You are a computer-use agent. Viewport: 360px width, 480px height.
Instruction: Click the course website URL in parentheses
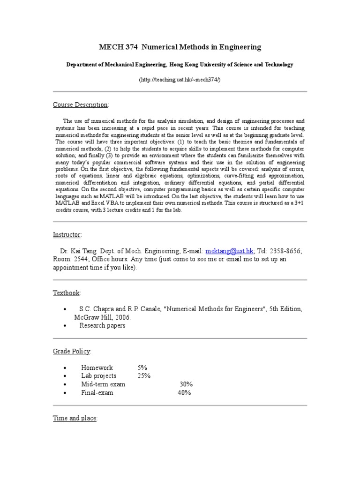[x=180, y=80]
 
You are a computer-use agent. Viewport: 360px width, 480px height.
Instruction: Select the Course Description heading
[x=80, y=104]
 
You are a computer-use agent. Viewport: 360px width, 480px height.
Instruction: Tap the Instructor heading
[x=67, y=234]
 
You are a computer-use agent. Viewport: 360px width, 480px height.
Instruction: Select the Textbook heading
[x=66, y=293]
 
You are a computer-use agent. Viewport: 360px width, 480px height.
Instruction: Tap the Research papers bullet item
[x=102, y=325]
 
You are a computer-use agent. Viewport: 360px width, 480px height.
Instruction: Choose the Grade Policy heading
[x=72, y=351]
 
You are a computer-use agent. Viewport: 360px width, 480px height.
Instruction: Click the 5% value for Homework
[x=142, y=368]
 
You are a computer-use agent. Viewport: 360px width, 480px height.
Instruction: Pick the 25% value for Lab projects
[x=144, y=376]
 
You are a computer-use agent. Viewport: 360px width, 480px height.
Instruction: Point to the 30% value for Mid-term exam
[x=186, y=384]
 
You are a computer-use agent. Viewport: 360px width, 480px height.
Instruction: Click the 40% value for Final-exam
[x=184, y=393]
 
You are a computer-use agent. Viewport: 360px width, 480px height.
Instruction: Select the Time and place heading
[x=75, y=418]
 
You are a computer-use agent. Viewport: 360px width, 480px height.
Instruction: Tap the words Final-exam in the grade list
[x=97, y=393]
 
